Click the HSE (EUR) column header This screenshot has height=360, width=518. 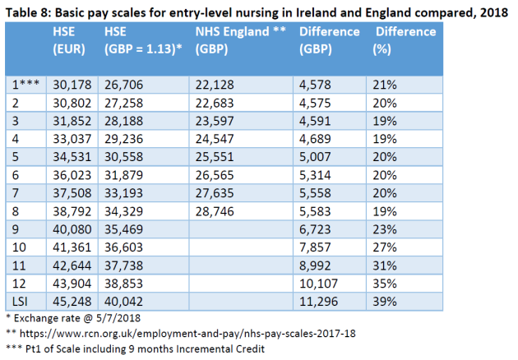tap(69, 40)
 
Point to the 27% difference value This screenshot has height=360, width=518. tap(389, 247)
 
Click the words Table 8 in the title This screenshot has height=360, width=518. tap(31, 11)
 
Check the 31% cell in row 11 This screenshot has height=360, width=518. tap(389, 265)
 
